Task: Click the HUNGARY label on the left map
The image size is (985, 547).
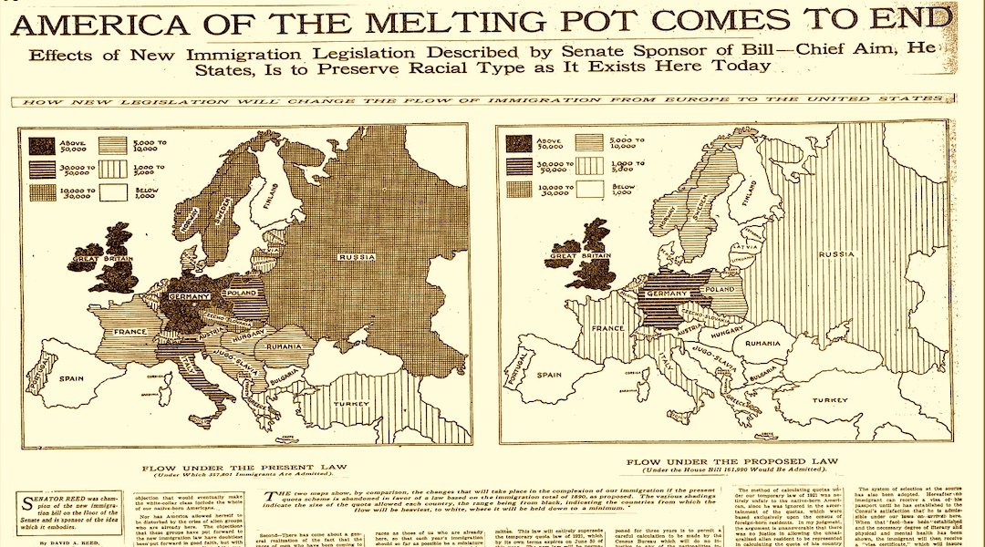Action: [247, 336]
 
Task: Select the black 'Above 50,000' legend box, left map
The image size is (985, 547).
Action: [41, 145]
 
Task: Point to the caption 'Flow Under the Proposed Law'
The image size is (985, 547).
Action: [720, 462]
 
